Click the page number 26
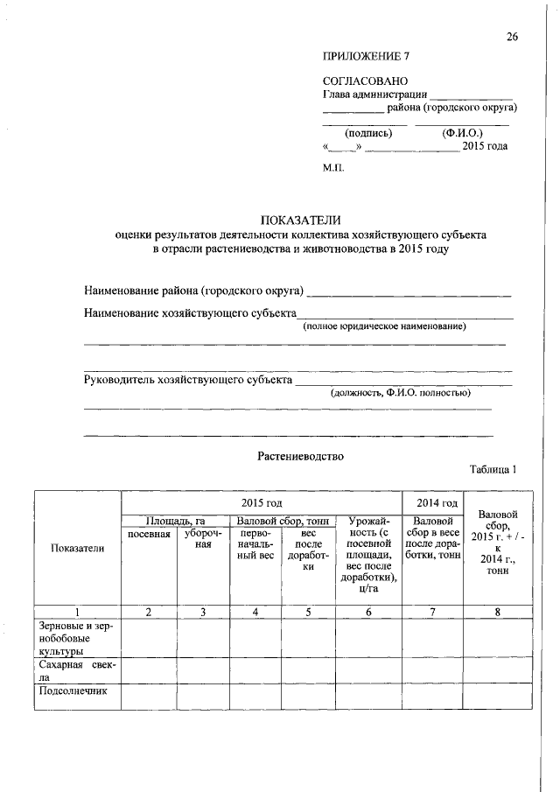[512, 36]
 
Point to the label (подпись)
[369, 134]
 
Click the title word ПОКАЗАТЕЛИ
[300, 220]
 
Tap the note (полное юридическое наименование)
[384, 326]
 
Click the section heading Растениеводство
[300, 456]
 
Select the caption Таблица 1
[493, 470]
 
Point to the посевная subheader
[149, 533]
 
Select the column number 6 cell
[368, 613]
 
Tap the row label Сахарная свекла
[77, 670]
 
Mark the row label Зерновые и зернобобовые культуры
[77, 639]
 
